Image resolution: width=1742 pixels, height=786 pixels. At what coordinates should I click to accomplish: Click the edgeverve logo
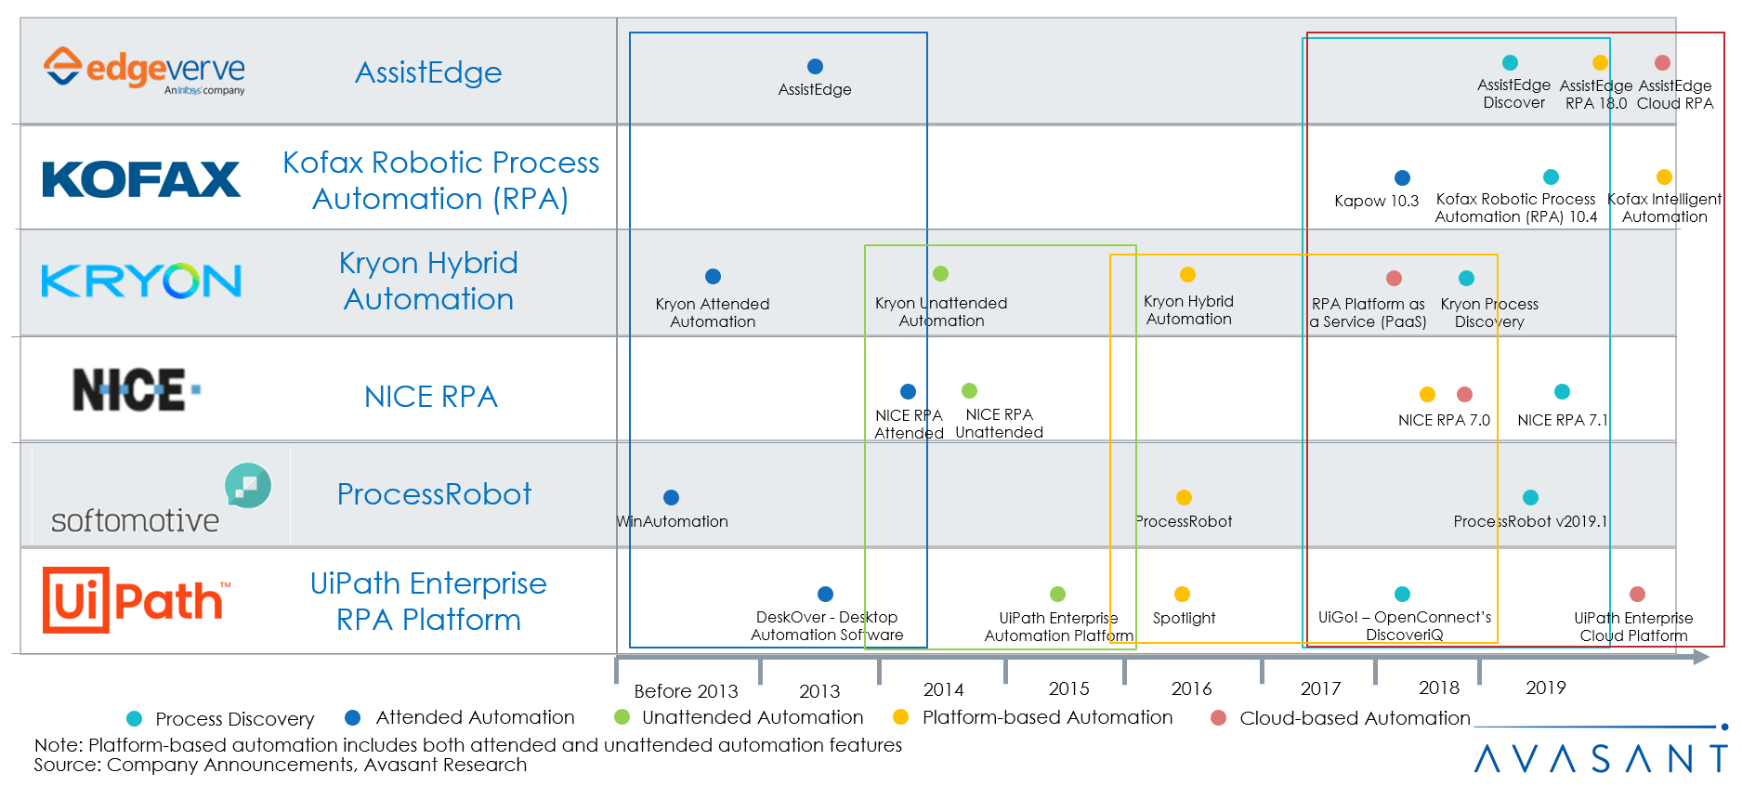click(x=144, y=71)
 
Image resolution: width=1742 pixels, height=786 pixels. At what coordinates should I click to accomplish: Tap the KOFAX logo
click(x=141, y=178)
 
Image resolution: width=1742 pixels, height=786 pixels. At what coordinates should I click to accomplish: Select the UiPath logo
click(x=136, y=600)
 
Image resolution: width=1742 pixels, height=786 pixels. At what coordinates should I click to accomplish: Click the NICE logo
click(x=136, y=389)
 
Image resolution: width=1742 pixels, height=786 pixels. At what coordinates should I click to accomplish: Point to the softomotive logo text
click(x=135, y=521)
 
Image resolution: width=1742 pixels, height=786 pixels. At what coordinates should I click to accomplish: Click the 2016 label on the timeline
click(x=1191, y=688)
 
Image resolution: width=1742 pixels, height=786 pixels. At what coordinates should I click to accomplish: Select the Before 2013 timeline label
click(x=686, y=691)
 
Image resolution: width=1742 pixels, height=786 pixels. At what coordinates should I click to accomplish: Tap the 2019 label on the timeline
click(x=1545, y=688)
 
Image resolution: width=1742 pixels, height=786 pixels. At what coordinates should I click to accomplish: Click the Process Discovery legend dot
click(x=135, y=718)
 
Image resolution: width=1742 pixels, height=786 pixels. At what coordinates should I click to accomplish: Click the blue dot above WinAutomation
click(x=671, y=497)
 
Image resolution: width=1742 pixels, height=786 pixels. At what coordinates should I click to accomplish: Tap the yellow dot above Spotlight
click(x=1182, y=594)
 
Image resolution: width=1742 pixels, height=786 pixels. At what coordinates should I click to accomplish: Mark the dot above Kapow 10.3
click(x=1402, y=177)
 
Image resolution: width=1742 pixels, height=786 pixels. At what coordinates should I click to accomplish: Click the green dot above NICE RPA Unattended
click(x=969, y=390)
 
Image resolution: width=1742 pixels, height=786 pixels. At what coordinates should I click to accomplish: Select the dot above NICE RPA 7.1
click(x=1562, y=391)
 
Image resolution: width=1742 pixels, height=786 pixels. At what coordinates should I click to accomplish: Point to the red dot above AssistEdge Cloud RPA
click(x=1662, y=62)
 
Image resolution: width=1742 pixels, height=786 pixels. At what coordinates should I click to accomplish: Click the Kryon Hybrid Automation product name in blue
click(x=428, y=281)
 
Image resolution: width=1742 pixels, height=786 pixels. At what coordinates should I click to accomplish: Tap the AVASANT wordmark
click(x=1600, y=758)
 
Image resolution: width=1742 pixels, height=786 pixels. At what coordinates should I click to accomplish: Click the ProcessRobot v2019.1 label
click(x=1529, y=521)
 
